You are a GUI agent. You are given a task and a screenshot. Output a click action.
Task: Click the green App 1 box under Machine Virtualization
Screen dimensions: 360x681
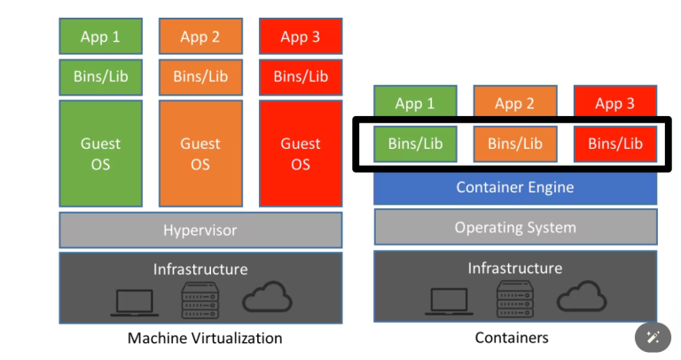click(x=100, y=36)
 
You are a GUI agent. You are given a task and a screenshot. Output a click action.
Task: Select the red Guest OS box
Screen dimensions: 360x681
click(x=301, y=153)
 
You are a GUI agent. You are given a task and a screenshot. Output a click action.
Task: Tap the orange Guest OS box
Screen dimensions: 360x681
click(x=200, y=153)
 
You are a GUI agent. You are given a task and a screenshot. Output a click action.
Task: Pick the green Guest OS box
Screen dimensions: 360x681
click(x=100, y=153)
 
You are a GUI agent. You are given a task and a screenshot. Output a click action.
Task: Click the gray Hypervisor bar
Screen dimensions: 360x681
click(x=200, y=230)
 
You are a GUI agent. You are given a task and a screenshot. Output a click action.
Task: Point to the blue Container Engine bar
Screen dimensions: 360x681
click(x=514, y=187)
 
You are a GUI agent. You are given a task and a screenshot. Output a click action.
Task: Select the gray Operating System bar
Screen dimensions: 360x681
click(x=514, y=227)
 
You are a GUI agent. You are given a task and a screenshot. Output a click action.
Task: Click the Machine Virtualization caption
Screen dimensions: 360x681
click(x=205, y=338)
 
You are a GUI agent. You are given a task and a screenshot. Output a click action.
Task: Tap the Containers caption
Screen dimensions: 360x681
click(x=512, y=338)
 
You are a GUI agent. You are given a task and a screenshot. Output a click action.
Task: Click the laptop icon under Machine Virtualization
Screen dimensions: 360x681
click(x=135, y=301)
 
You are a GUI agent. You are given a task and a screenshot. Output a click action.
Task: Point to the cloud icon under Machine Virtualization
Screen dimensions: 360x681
click(x=267, y=298)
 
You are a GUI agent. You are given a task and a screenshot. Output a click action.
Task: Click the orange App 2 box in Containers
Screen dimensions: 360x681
click(x=514, y=104)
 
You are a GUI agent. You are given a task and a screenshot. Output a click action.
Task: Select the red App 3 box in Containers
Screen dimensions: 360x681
click(x=614, y=104)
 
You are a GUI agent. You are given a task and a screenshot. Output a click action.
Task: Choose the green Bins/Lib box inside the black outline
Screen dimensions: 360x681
click(x=414, y=144)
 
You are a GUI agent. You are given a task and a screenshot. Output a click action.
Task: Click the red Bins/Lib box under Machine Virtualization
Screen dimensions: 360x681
click(x=301, y=76)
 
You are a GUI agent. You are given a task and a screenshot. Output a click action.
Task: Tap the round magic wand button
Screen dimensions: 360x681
click(x=654, y=337)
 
